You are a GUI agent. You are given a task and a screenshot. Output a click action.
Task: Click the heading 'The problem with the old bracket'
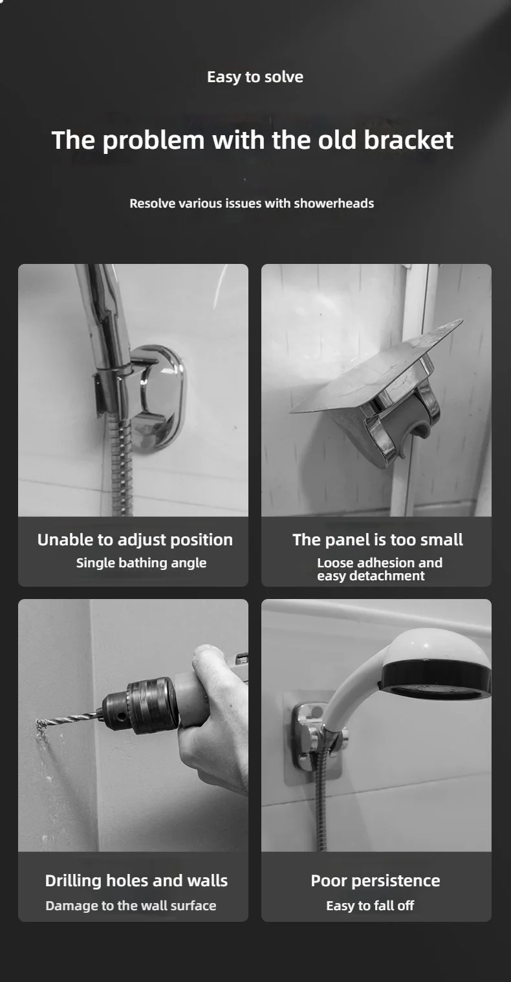tap(252, 140)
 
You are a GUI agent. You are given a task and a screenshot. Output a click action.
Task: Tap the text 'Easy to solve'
tap(255, 77)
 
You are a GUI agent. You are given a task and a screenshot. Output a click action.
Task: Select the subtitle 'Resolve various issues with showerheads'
tap(252, 203)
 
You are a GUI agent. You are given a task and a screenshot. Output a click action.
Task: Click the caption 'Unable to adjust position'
tap(135, 540)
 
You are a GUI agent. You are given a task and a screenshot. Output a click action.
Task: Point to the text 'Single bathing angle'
tap(141, 563)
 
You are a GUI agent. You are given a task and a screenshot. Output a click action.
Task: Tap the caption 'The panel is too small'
tap(378, 540)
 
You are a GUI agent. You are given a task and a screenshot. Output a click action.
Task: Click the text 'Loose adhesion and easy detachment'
tap(379, 569)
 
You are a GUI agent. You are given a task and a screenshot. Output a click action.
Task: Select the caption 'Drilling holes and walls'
tap(136, 880)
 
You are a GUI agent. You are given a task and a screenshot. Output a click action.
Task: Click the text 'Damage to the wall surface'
tap(131, 906)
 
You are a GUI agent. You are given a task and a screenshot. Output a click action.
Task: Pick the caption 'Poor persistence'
tap(375, 880)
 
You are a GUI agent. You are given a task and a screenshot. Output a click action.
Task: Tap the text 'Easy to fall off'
tap(370, 906)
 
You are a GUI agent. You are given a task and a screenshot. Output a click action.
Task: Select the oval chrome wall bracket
tap(160, 388)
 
